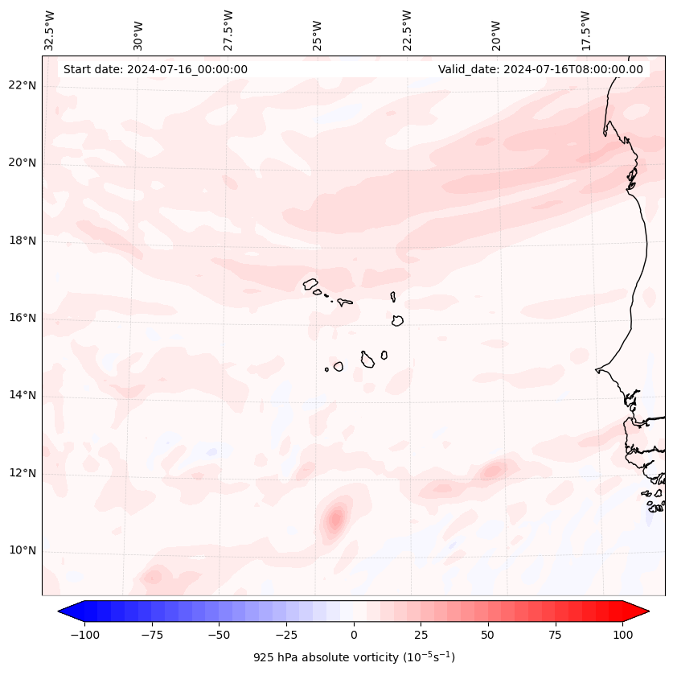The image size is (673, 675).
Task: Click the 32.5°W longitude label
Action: [x=50, y=31]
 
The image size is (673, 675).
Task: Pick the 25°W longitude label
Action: [x=318, y=31]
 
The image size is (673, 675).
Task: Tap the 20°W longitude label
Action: [x=496, y=31]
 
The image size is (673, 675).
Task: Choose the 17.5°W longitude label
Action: [x=585, y=31]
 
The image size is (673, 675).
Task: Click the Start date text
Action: [x=155, y=69]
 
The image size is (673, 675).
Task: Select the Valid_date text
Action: [x=540, y=69]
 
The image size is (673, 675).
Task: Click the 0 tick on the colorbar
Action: [x=354, y=635]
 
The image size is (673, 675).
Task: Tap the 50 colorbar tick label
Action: [x=488, y=635]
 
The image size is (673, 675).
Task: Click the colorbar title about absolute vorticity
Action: [x=354, y=657]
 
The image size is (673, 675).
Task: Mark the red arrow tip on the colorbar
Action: [x=647, y=611]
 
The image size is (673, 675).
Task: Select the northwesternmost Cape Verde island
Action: [x=310, y=284]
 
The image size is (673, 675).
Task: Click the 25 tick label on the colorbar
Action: [x=421, y=635]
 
